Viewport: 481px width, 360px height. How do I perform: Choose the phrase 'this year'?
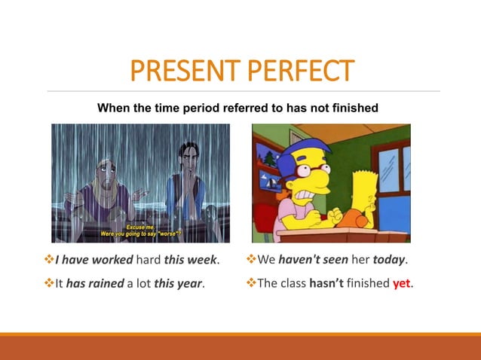coord(179,284)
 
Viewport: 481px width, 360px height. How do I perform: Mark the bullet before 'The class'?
coord(251,284)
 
